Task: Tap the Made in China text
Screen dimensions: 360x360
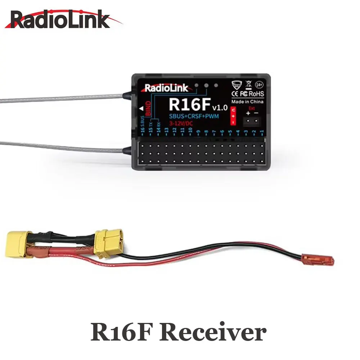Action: click(248, 102)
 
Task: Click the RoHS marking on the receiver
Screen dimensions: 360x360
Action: click(256, 94)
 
